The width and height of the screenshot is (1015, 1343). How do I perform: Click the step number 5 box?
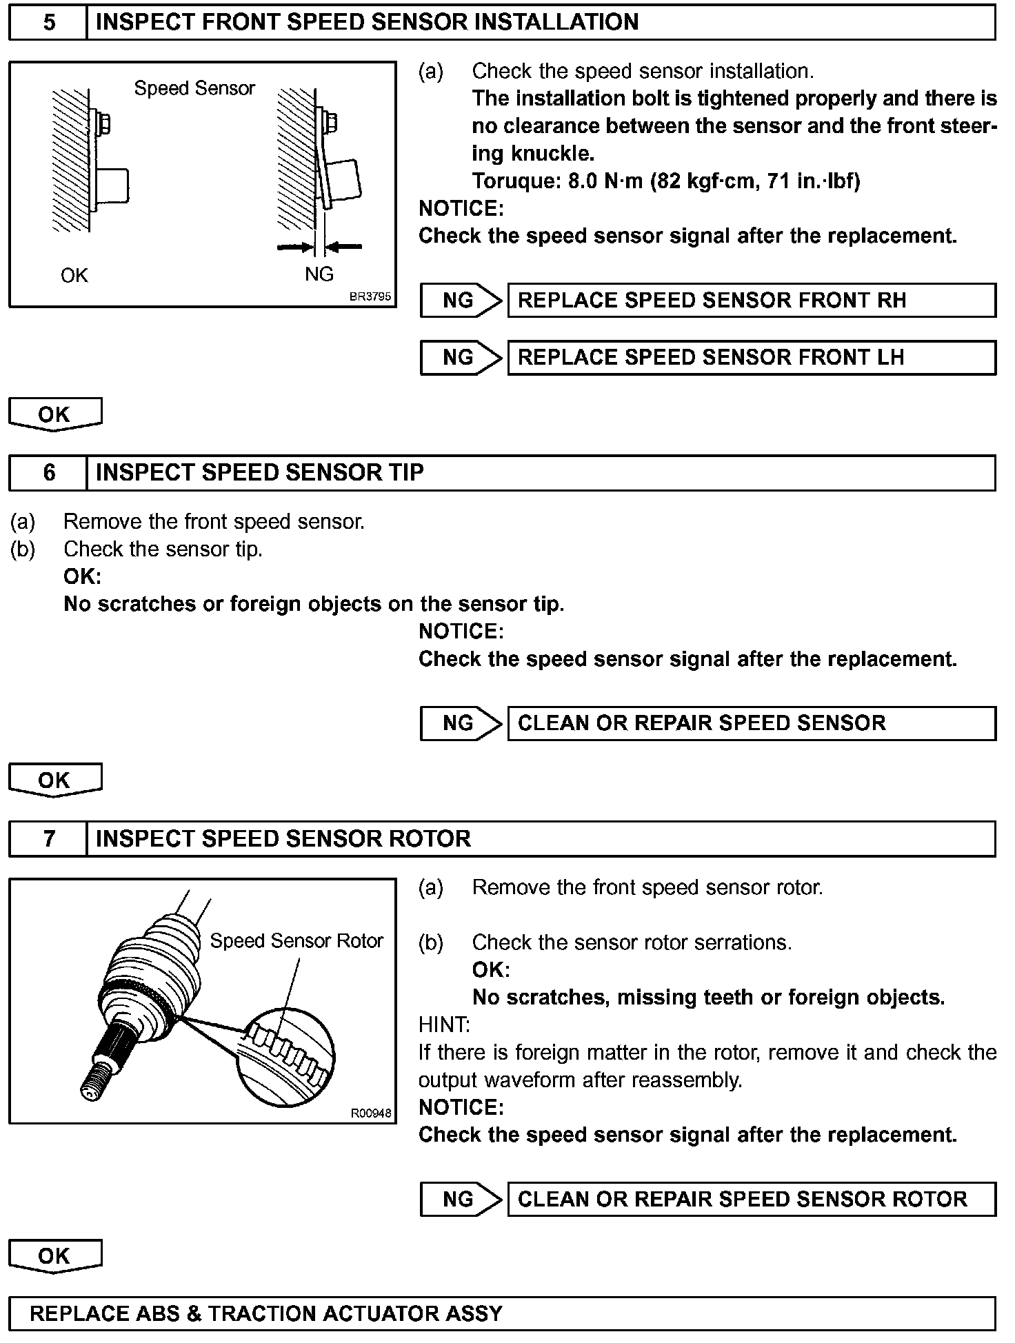pos(48,23)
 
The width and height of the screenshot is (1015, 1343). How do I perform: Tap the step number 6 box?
pos(48,472)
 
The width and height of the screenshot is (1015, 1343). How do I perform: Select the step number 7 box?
pos(48,838)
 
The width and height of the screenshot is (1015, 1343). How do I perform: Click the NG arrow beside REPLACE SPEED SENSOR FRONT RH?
pos(461,300)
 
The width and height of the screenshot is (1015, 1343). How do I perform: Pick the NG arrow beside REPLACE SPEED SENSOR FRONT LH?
pos(461,357)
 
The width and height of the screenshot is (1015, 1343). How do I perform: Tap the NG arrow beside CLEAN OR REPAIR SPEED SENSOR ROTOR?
pos(461,1199)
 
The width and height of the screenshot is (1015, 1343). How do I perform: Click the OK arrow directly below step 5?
pos(54,414)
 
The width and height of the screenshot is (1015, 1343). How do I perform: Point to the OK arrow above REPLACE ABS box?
pos(54,1256)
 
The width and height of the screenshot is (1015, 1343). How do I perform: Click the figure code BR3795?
pos(370,297)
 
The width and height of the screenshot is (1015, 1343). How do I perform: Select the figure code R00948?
pos(371,1113)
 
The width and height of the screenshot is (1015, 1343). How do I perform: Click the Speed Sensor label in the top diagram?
pos(194,88)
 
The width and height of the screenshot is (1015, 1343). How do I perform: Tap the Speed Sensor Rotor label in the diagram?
pos(297,941)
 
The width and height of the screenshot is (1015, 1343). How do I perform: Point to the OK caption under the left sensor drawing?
pos(74,276)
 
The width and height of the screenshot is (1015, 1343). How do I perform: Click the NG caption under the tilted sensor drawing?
pos(319,274)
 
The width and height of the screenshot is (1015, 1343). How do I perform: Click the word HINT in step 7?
pos(444,1025)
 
